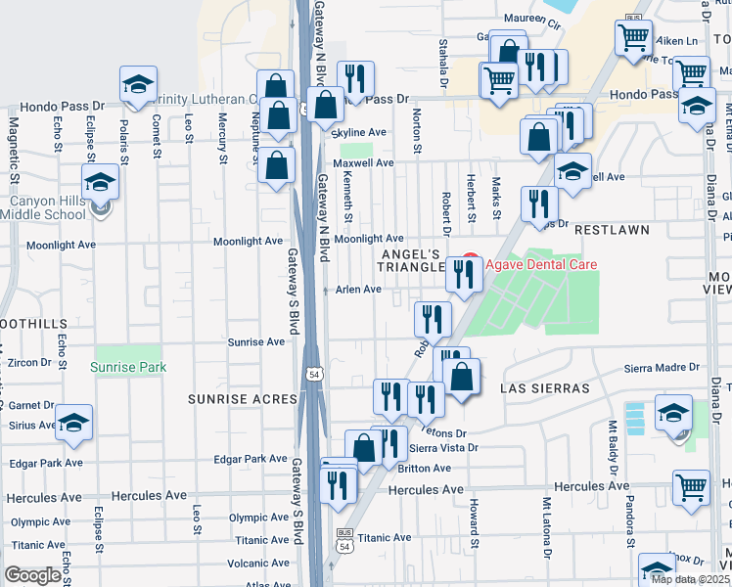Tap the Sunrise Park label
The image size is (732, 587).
[x=128, y=368]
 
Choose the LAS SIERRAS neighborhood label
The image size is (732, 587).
[x=545, y=388]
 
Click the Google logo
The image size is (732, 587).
[x=33, y=575]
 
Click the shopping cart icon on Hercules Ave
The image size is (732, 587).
[x=691, y=486]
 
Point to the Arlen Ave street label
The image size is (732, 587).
[x=358, y=290]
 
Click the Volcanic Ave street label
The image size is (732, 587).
[x=258, y=563]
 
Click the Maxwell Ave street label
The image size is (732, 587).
[x=362, y=163]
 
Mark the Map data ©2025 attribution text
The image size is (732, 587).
[x=690, y=579]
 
